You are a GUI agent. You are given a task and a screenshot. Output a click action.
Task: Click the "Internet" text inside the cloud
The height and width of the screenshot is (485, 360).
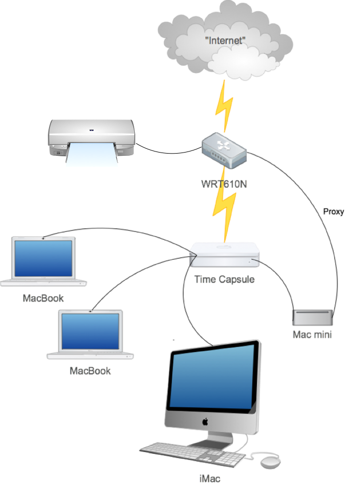click(x=225, y=40)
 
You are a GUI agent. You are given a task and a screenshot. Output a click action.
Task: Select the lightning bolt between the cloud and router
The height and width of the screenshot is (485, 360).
click(x=224, y=106)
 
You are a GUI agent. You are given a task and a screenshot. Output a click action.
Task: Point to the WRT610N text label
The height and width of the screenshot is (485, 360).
click(x=224, y=184)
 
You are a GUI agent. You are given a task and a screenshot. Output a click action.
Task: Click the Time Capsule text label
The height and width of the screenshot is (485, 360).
click(x=224, y=279)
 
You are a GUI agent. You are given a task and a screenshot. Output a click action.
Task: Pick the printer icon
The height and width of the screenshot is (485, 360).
click(x=92, y=138)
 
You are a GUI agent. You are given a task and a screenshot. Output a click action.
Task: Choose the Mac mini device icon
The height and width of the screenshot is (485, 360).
click(x=313, y=318)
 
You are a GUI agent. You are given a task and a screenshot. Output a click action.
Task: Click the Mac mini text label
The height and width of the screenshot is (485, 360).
click(x=313, y=334)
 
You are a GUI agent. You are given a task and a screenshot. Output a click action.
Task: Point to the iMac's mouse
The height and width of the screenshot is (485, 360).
click(x=271, y=462)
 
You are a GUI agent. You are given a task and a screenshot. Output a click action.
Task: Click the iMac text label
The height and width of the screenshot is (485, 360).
click(x=209, y=478)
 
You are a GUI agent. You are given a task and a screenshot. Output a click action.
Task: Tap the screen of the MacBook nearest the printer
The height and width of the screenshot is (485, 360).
click(x=43, y=258)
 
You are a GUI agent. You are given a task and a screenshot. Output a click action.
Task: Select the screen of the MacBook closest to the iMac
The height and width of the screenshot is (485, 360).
click(x=91, y=331)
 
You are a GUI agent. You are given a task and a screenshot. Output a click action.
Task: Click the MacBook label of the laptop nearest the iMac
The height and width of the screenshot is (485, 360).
click(x=91, y=370)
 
